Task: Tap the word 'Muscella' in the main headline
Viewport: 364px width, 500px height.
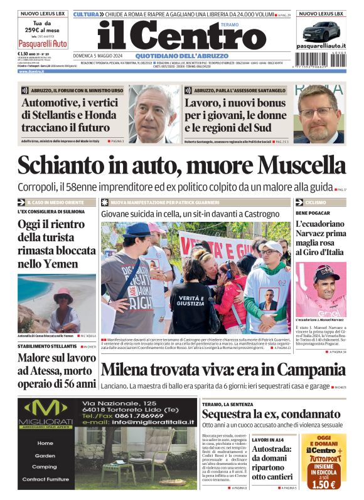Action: click(302, 166)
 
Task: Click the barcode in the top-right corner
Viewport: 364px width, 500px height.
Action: click(321, 58)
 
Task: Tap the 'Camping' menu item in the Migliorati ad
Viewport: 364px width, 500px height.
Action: click(44, 467)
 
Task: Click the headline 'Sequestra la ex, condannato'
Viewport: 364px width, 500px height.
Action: click(271, 414)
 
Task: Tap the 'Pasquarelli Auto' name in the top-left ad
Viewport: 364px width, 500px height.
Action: click(43, 44)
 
